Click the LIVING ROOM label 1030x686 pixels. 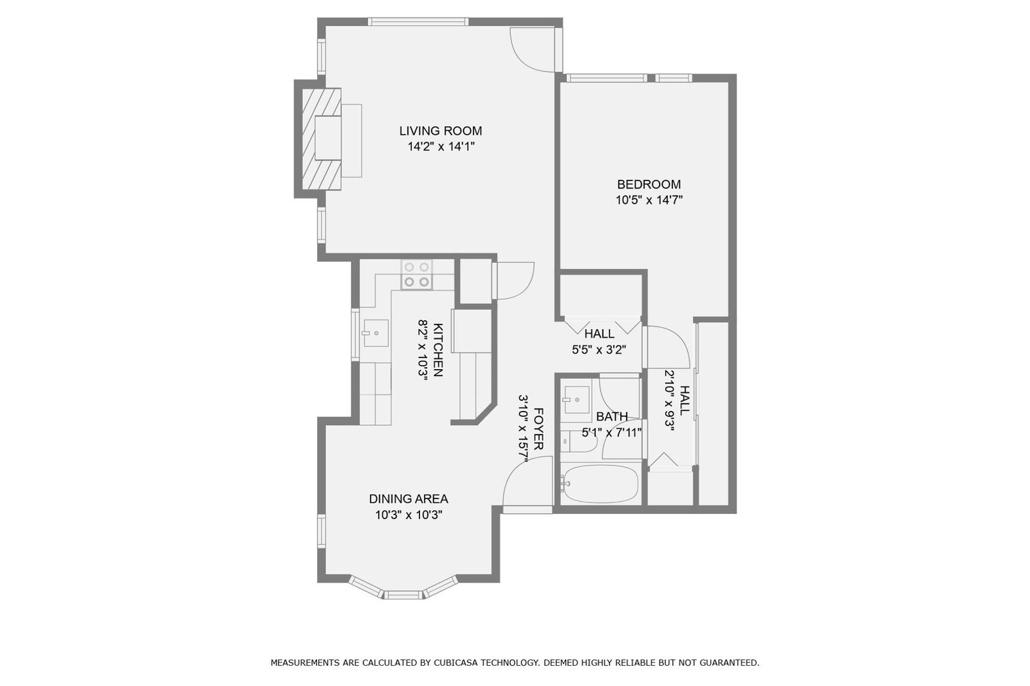(440, 131)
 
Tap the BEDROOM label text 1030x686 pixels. (649, 184)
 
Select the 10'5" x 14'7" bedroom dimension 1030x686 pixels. (649, 200)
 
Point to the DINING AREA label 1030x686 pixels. (409, 499)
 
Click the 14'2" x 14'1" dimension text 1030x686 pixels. (440, 147)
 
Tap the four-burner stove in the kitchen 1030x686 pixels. (417, 274)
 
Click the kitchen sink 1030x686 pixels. (376, 333)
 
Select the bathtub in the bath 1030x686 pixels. (600, 485)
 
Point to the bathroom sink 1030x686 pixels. (576, 400)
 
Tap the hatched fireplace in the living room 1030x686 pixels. (322, 139)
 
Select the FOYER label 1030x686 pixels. (539, 429)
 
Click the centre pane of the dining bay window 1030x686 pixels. (403, 595)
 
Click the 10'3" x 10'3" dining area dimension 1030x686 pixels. (409, 515)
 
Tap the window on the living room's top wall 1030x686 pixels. (418, 22)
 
